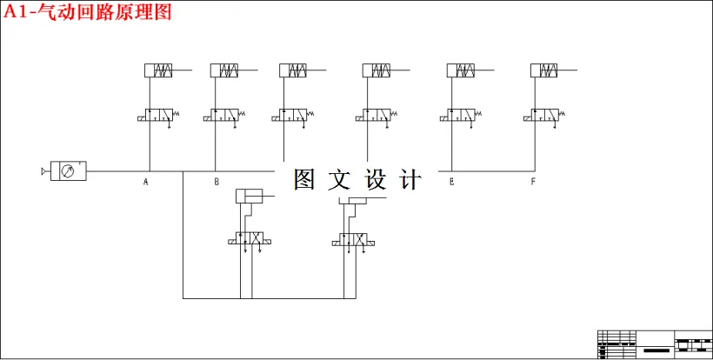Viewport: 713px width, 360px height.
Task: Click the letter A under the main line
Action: coord(146,182)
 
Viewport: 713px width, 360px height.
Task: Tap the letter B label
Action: coord(217,182)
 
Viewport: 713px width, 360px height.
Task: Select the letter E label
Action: coord(451,182)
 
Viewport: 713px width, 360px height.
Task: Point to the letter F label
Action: coord(532,182)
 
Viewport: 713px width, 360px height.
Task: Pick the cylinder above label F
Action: coord(545,70)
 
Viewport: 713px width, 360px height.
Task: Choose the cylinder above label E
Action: coord(462,70)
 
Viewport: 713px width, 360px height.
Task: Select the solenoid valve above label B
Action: coord(223,115)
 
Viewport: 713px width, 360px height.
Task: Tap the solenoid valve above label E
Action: coord(461,115)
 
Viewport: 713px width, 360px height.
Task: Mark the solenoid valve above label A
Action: coord(157,115)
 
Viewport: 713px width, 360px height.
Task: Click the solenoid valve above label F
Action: coord(544,115)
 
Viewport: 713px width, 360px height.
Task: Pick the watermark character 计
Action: coord(410,180)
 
